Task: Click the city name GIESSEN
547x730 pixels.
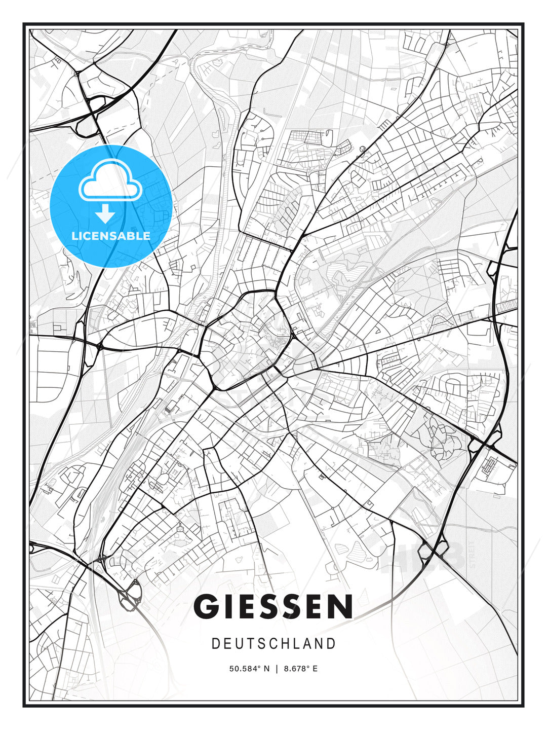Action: click(x=273, y=606)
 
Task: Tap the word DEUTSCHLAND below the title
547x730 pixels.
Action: click(x=273, y=644)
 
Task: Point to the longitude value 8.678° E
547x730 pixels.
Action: click(x=300, y=669)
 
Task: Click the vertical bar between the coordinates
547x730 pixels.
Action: click(x=277, y=669)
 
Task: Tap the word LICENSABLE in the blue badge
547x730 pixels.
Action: click(x=111, y=236)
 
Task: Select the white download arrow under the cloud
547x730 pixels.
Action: click(x=105, y=214)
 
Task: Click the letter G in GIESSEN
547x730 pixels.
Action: click(x=207, y=606)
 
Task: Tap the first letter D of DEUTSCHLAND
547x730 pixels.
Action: click(x=215, y=644)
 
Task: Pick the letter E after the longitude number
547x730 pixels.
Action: click(x=315, y=669)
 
